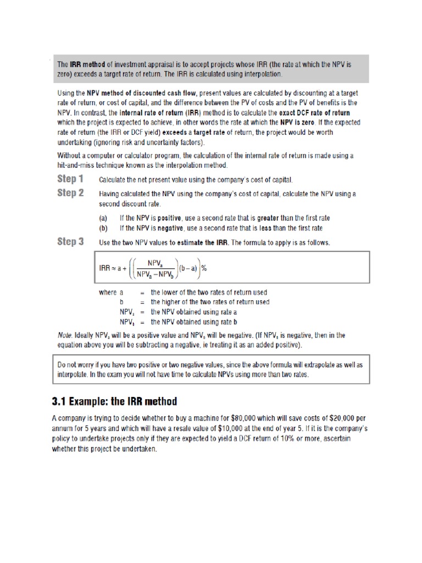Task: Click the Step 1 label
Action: click(x=70, y=179)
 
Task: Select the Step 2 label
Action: click(x=70, y=194)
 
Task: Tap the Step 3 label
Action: click(x=70, y=242)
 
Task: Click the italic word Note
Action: click(x=65, y=335)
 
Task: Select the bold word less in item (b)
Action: click(x=264, y=228)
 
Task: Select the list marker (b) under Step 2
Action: click(x=103, y=228)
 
